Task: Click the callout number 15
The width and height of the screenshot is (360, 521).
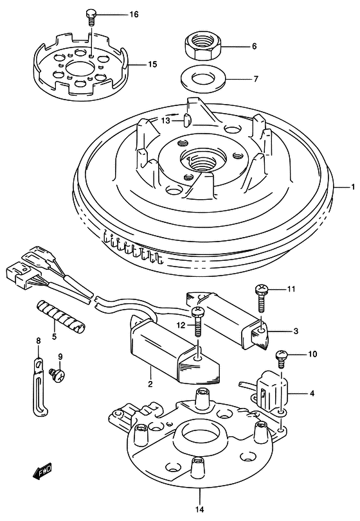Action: (x=152, y=64)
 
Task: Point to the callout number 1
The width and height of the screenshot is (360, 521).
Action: (x=353, y=187)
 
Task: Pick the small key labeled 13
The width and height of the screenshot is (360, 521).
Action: (x=187, y=120)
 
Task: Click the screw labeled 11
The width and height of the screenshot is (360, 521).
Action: (x=261, y=298)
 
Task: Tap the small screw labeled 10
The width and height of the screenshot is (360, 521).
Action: (x=282, y=359)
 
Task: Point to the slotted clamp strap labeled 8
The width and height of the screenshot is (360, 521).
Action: (x=40, y=386)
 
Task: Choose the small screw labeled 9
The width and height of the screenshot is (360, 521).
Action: (x=57, y=374)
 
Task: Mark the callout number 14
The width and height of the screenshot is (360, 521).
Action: (x=200, y=509)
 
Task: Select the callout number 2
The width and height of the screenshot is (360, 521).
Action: (x=150, y=384)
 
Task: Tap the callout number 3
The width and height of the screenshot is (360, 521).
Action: (x=296, y=331)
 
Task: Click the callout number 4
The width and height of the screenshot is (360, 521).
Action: (x=312, y=393)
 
